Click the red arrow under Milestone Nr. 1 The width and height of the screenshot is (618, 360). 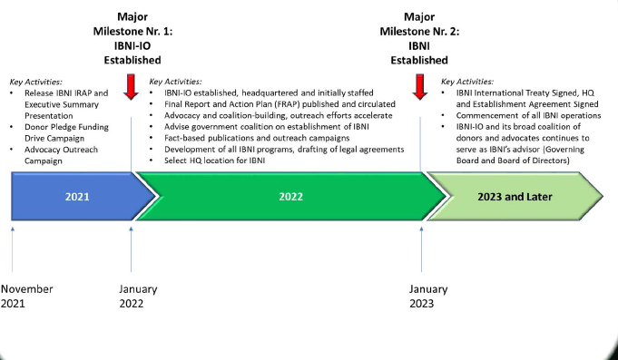(131, 87)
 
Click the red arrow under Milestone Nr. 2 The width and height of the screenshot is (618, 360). (420, 87)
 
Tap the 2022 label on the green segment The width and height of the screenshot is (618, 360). (291, 197)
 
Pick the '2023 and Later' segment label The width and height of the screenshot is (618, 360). (515, 197)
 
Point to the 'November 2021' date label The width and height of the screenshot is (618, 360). (27, 297)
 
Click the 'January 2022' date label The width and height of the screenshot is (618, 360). (138, 297)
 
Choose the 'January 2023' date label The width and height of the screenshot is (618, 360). (428, 297)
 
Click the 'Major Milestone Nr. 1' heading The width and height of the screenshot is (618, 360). (132, 24)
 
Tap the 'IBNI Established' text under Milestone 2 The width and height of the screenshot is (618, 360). (419, 54)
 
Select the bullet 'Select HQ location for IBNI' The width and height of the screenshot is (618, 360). (215, 161)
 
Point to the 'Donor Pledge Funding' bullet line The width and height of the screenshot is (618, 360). (66, 127)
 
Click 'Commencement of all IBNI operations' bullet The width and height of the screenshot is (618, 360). (528, 116)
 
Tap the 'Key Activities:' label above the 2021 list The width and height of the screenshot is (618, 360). (36, 82)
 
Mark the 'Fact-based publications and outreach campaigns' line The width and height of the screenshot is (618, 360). (257, 138)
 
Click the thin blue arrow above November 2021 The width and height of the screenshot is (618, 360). (13, 249)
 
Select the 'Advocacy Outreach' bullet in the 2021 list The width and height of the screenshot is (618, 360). (61, 150)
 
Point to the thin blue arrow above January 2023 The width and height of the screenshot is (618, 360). (421, 249)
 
